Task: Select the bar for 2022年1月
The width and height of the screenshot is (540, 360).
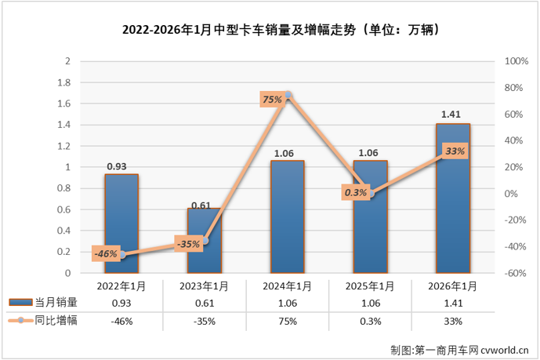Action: point(121,227)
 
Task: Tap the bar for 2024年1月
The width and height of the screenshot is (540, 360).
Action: point(288,220)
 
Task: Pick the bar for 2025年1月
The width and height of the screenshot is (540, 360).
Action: point(370,227)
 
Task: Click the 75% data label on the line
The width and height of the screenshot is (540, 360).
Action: point(271,100)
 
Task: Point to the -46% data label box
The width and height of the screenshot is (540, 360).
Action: point(105,253)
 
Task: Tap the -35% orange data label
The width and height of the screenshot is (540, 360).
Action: point(188,244)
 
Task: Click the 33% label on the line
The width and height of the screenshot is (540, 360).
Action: point(455,152)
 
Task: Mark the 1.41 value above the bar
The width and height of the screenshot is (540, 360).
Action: point(452,115)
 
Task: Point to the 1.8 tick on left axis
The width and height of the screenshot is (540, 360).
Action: point(67,82)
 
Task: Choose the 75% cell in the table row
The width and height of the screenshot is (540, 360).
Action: point(288,321)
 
